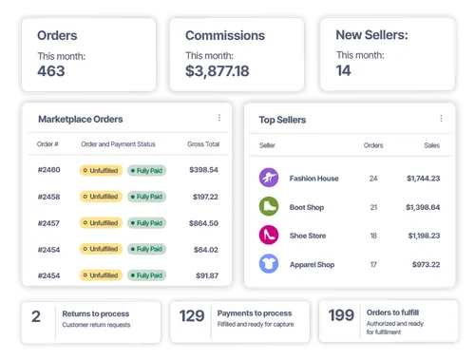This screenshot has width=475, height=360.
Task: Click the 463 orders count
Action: (x=52, y=71)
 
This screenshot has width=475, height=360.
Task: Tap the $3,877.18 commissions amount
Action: (x=218, y=71)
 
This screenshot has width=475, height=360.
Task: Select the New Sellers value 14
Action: (x=344, y=71)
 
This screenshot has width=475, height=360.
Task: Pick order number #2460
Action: (x=49, y=170)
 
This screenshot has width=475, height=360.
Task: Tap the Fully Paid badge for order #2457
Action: (x=145, y=222)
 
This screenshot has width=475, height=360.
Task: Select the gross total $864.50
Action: (x=203, y=222)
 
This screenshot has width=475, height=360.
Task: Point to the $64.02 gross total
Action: (x=206, y=249)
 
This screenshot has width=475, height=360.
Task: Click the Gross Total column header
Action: (x=202, y=144)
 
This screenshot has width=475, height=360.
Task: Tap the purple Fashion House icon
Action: (x=269, y=178)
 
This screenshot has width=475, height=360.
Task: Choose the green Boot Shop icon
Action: (x=269, y=206)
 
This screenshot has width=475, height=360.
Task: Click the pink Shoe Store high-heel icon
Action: (x=269, y=235)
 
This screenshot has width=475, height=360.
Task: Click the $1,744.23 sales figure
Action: (x=423, y=178)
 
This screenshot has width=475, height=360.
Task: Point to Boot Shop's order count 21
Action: (x=373, y=206)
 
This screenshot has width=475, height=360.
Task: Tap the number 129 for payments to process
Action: (x=193, y=316)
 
